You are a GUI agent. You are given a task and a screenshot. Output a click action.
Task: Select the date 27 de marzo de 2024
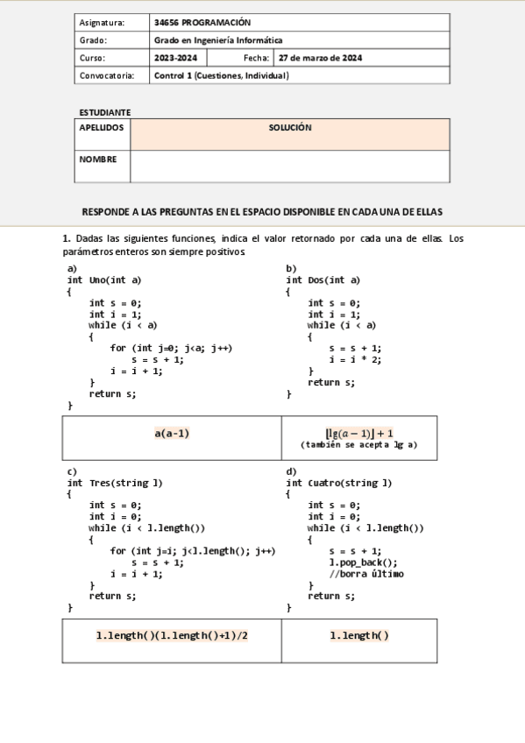(x=320, y=58)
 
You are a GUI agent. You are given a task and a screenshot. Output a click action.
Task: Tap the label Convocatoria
(x=107, y=75)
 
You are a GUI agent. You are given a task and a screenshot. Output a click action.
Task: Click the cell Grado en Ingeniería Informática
(x=218, y=40)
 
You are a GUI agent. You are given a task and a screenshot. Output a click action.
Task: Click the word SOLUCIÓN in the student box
(x=290, y=128)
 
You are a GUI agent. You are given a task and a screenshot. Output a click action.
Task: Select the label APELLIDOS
(x=102, y=128)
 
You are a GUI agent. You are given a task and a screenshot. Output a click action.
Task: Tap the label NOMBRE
(x=97, y=159)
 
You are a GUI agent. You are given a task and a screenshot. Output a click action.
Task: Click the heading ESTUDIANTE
(x=104, y=112)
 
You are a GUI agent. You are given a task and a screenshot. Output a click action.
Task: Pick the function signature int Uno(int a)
(x=104, y=280)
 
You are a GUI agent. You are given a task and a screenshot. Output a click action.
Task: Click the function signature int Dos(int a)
(x=323, y=280)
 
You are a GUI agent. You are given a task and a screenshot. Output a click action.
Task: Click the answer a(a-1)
(x=172, y=433)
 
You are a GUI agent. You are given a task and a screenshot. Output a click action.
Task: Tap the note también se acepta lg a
(x=358, y=445)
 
